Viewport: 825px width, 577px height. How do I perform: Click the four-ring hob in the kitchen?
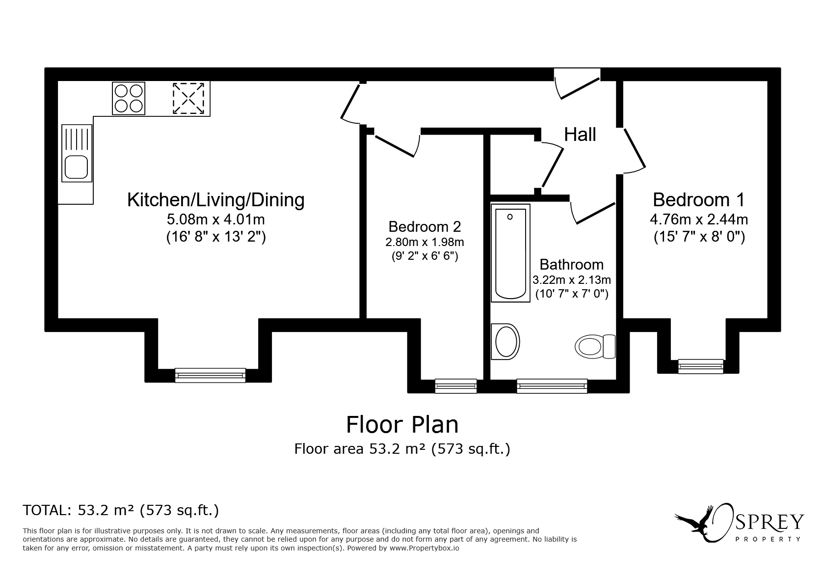[129, 98]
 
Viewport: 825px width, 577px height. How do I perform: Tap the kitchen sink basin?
[76, 167]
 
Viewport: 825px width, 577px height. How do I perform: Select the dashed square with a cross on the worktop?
[188, 98]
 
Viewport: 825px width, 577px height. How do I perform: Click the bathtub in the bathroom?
[510, 253]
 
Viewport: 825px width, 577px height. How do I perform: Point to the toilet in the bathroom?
[595, 346]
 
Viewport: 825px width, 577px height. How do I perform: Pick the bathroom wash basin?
[506, 342]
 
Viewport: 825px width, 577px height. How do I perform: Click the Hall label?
[580, 134]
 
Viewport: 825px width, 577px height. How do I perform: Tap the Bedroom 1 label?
[699, 200]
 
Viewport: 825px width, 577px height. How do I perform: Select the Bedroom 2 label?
[425, 226]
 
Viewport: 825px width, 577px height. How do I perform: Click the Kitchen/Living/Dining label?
[216, 200]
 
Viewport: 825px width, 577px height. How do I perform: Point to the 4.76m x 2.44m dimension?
[699, 220]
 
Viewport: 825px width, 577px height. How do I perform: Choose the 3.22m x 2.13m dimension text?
[572, 280]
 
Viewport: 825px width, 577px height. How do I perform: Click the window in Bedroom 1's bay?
[700, 366]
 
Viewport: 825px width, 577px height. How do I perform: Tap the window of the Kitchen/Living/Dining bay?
[210, 375]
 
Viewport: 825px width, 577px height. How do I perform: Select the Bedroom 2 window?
[456, 386]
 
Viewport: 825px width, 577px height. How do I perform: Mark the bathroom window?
[552, 386]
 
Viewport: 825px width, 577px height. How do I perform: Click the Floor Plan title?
[402, 424]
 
